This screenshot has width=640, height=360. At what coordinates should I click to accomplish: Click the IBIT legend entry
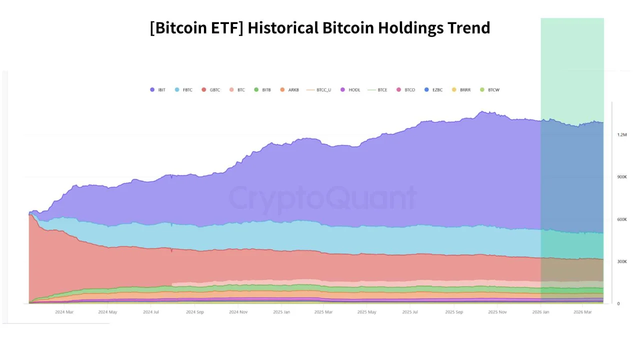pyautogui.click(x=158, y=90)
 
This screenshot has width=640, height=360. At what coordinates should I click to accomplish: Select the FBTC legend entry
pyautogui.click(x=183, y=90)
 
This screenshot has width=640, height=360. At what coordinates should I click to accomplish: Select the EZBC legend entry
pyautogui.click(x=434, y=90)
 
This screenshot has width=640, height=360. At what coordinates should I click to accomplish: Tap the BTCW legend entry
pyautogui.click(x=489, y=90)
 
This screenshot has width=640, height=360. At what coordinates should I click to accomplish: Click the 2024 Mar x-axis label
pyautogui.click(x=64, y=312)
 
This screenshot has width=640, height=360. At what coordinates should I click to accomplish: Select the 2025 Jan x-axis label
pyautogui.click(x=281, y=312)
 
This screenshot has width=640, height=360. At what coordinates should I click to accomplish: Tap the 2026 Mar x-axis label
pyautogui.click(x=582, y=312)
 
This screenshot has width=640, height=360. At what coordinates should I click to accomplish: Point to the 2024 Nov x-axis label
pyautogui.click(x=238, y=312)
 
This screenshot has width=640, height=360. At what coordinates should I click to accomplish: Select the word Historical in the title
pyautogui.click(x=283, y=27)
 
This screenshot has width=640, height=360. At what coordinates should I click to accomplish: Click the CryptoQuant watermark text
pyautogui.click(x=322, y=198)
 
